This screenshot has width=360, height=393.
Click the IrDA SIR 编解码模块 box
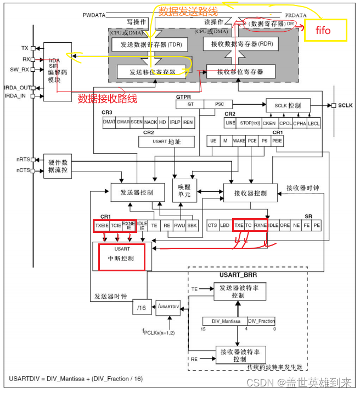point(57,71)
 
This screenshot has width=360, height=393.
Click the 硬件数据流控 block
point(57,166)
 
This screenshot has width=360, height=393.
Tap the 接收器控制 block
point(250,193)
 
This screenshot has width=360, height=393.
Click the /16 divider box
point(141,307)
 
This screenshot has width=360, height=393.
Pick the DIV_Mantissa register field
point(224,321)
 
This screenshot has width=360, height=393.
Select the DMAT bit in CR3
point(109,123)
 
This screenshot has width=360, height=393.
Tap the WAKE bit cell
point(239,141)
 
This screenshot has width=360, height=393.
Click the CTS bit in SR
point(212,225)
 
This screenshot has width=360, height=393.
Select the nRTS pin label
point(22,160)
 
